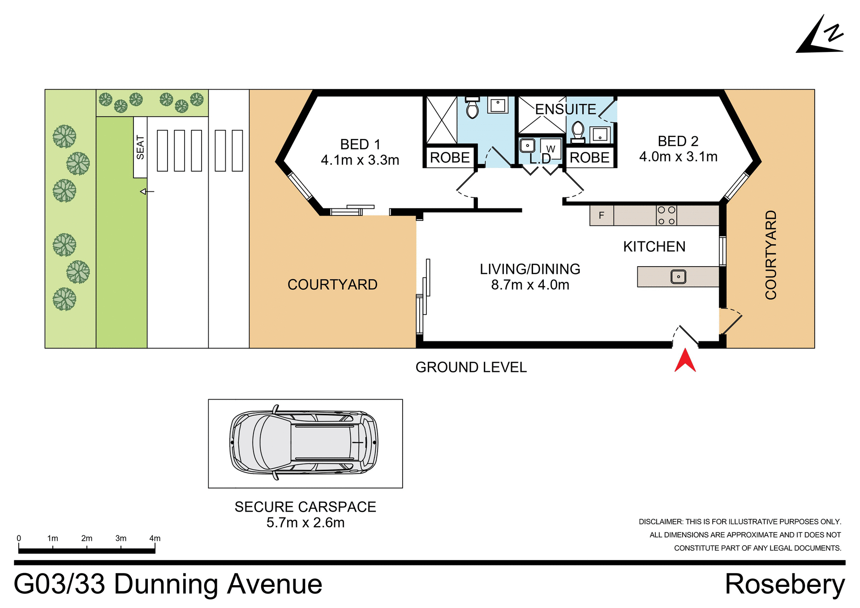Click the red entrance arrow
(x=685, y=361)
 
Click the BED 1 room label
(x=360, y=144)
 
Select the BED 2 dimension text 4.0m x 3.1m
(x=678, y=157)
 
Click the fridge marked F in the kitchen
(x=602, y=216)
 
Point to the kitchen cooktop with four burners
(x=666, y=216)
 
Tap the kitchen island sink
(x=678, y=277)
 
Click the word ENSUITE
(x=565, y=109)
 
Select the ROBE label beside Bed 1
(x=450, y=158)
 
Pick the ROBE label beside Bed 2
(x=589, y=158)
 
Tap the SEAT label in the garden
(x=140, y=147)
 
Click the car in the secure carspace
(x=304, y=443)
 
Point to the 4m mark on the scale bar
(x=155, y=539)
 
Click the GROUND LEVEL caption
(x=471, y=367)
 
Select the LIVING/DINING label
(x=530, y=269)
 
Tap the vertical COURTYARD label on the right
(x=770, y=254)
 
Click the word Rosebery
(x=784, y=584)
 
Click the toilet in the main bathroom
(x=472, y=108)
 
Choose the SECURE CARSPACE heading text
(x=305, y=507)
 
